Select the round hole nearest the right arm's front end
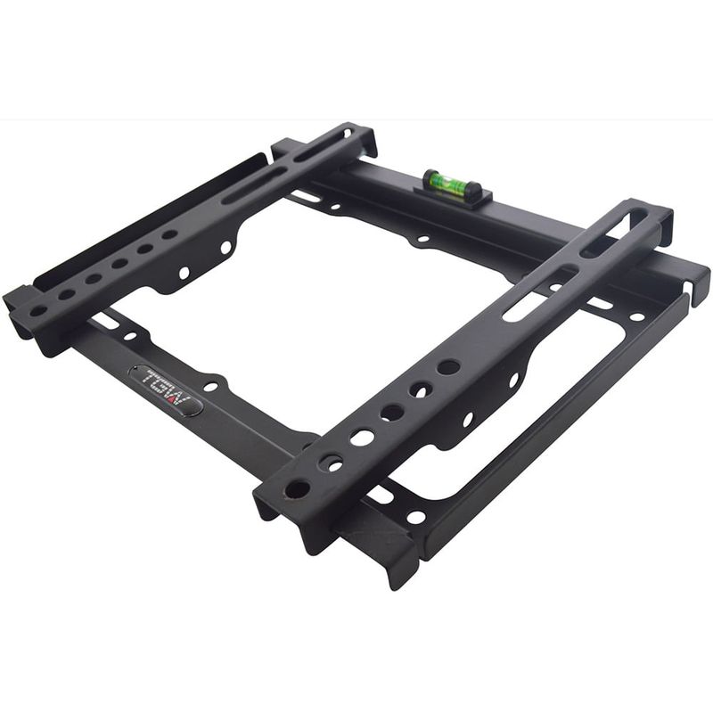coord(297,489)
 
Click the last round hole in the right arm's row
coord(449,366)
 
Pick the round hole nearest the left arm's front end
coord(38,311)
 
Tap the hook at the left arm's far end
coord(367,138)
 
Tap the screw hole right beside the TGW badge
coord(211,387)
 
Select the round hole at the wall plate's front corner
coord(415,517)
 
